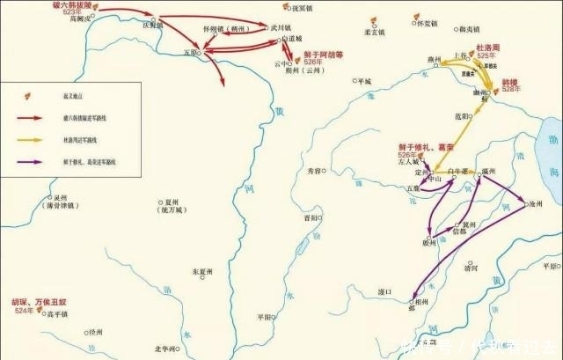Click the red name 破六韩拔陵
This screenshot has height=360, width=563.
tap(72, 5)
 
